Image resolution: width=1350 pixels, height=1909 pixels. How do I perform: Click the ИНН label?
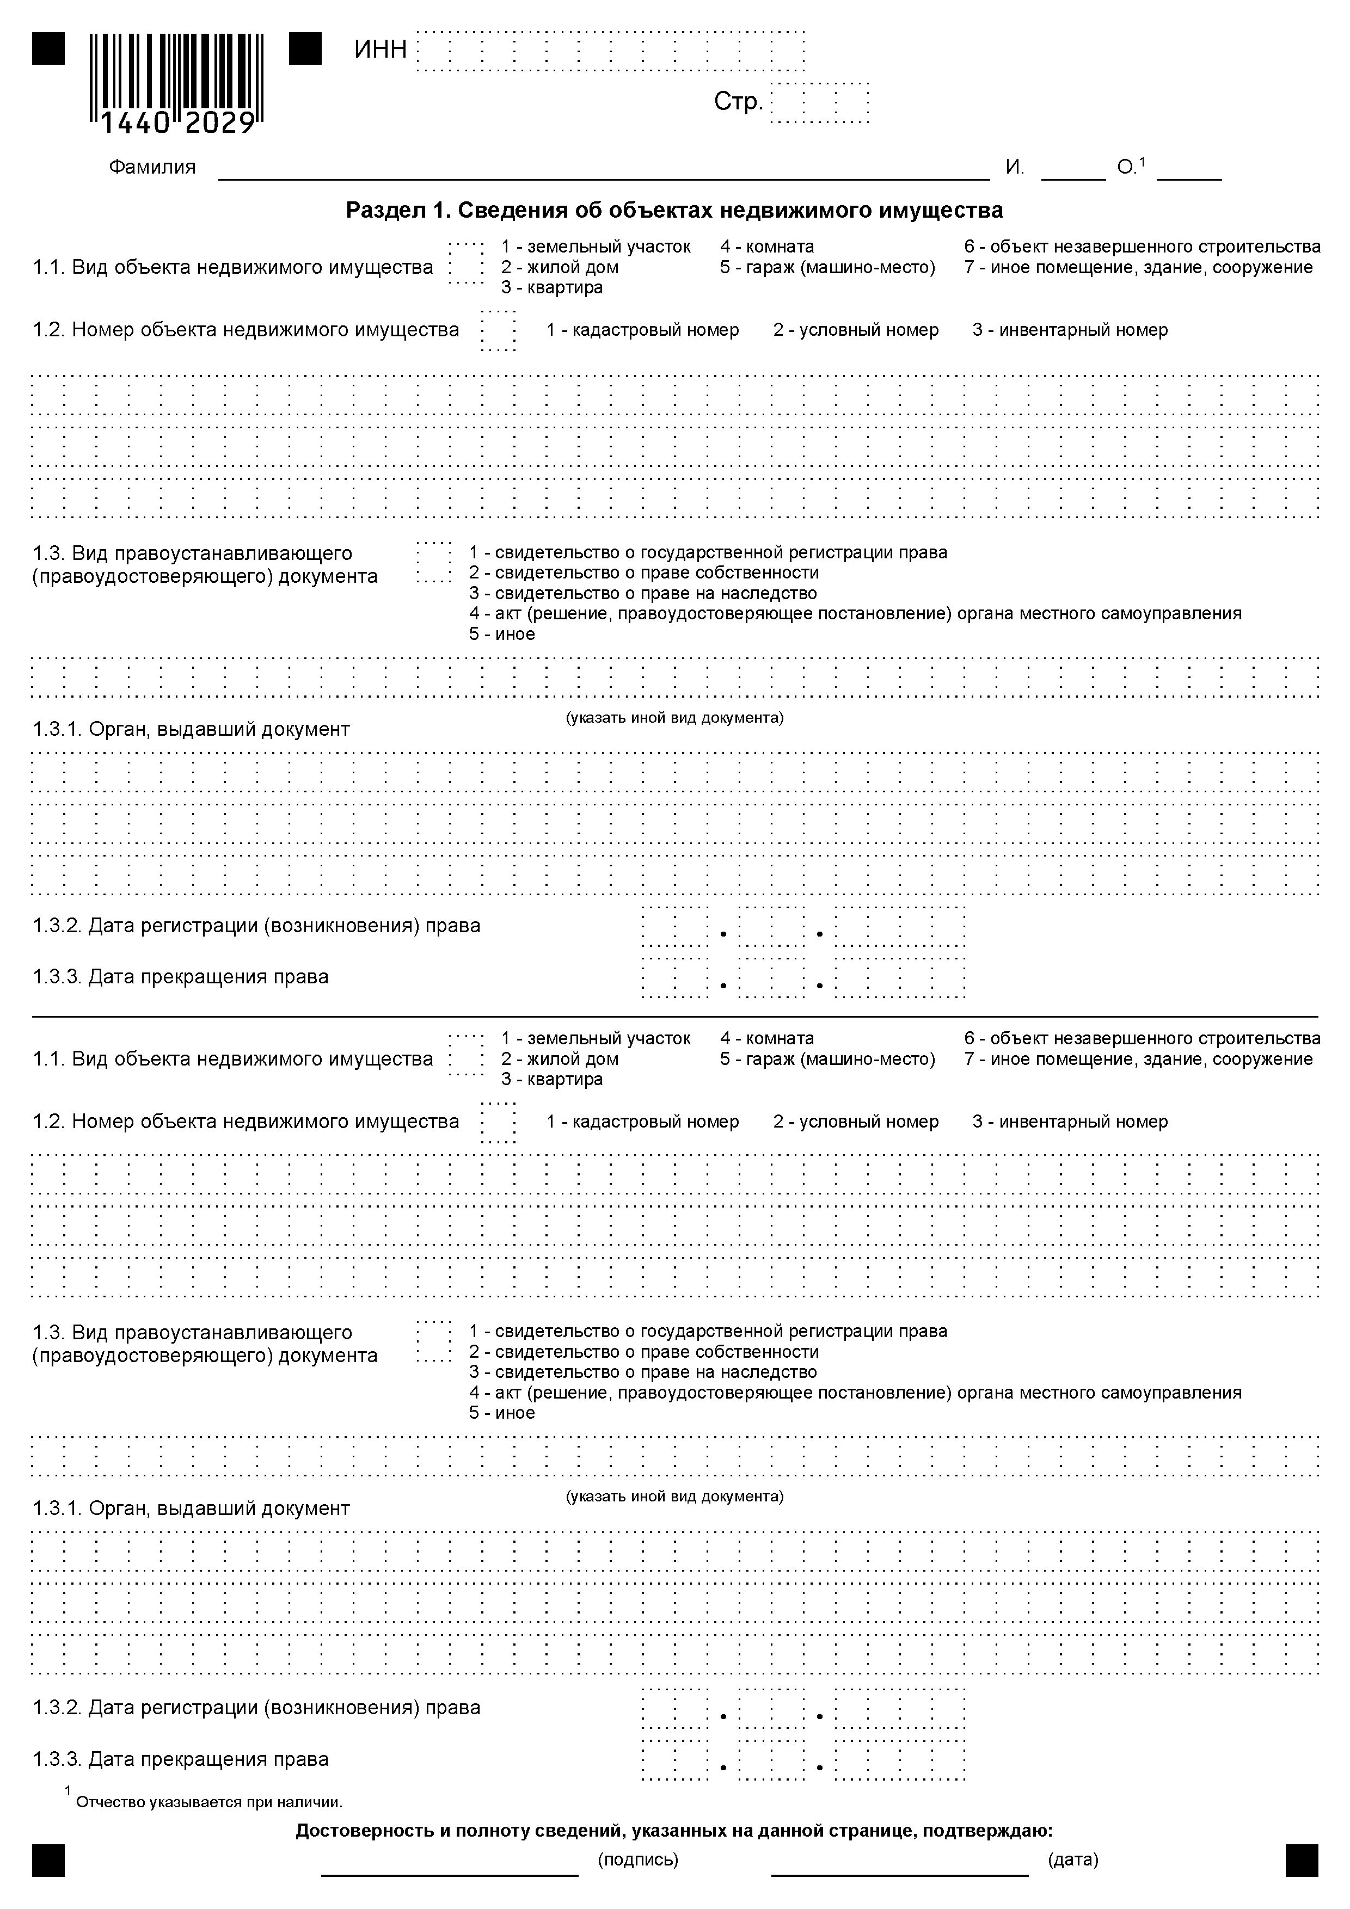tap(380, 50)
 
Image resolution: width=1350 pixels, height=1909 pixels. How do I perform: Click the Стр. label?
tap(738, 102)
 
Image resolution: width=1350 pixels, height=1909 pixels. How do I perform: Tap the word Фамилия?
tap(152, 167)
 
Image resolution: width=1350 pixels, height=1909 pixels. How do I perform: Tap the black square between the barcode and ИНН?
tap(305, 49)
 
